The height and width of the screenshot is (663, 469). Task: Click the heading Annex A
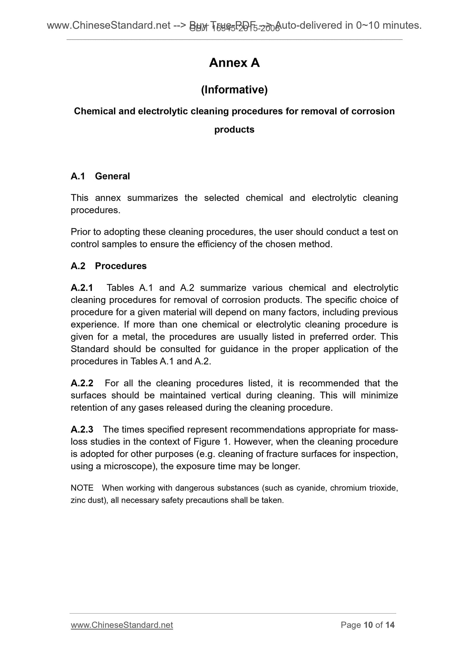coord(234,63)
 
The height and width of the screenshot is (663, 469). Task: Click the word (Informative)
coord(234,90)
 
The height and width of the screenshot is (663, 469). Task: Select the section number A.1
coord(78,176)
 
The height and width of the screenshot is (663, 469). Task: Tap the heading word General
coord(112,176)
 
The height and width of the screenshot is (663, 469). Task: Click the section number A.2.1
coord(82,288)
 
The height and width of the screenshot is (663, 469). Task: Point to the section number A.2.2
coord(82,383)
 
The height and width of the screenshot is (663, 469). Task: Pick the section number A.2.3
coord(82,429)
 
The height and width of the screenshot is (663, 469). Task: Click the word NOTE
coord(82,488)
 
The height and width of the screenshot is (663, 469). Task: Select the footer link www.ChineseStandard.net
coord(122,625)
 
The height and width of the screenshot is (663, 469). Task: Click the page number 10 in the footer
coord(368,625)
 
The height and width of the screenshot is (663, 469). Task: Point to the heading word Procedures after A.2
coord(121,266)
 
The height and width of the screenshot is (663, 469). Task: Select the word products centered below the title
coord(234,130)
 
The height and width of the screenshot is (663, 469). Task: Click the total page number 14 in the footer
coord(390,625)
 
